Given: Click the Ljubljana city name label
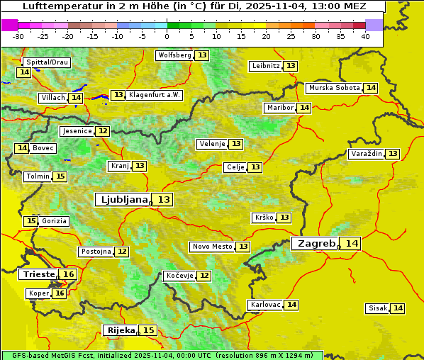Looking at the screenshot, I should [x=123, y=200].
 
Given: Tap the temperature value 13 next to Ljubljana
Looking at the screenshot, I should [x=164, y=200].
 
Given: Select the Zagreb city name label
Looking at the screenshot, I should [x=315, y=243].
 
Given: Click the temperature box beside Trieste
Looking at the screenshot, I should [x=68, y=274].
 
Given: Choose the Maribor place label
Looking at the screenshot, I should [x=279, y=108].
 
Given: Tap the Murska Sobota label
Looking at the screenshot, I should [x=334, y=88].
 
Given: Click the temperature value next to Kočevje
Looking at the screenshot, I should [x=203, y=276].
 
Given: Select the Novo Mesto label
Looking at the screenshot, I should [x=212, y=247].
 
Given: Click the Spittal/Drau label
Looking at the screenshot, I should [x=47, y=62].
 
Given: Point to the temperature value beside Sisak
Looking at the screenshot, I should [x=398, y=308].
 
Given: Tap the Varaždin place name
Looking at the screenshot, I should [x=366, y=154].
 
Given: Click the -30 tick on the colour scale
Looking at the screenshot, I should [x=18, y=35].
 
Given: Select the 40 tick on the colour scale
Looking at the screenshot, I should [x=365, y=35].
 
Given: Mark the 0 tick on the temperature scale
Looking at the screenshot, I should [x=167, y=35].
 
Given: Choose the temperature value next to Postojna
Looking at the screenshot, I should [x=122, y=252].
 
